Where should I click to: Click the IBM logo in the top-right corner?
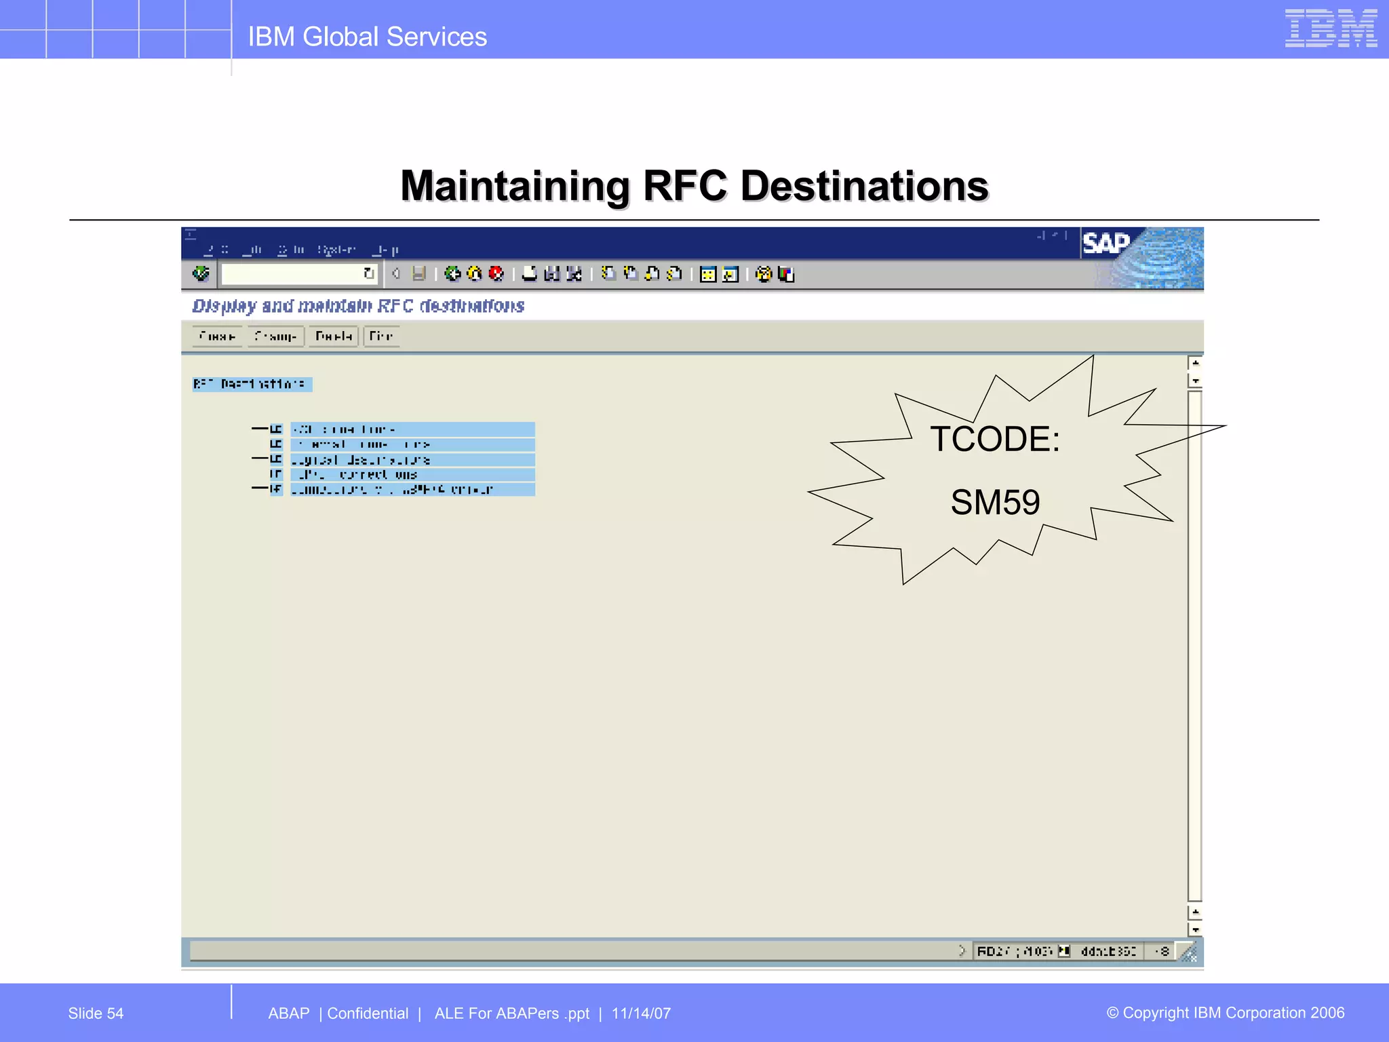click(1330, 28)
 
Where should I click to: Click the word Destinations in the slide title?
click(864, 186)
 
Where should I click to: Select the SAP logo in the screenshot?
click(1106, 244)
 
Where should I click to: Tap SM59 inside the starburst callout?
click(995, 503)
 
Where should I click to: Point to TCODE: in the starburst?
click(994, 439)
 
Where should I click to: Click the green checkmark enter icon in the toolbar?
click(201, 273)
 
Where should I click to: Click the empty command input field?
click(292, 273)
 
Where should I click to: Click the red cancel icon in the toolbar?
click(496, 273)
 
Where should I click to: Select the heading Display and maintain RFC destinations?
click(358, 306)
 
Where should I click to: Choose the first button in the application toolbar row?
click(217, 336)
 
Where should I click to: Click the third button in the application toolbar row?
click(333, 336)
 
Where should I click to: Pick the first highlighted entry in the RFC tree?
click(412, 429)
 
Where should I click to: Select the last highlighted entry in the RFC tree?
click(412, 489)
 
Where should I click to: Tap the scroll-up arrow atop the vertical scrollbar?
click(1195, 363)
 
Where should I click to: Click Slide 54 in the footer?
click(96, 1014)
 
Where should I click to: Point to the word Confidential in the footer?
click(368, 1014)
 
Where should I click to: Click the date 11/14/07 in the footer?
click(641, 1014)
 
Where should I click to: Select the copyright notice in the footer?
click(1225, 1013)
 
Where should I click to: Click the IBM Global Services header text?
click(367, 37)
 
